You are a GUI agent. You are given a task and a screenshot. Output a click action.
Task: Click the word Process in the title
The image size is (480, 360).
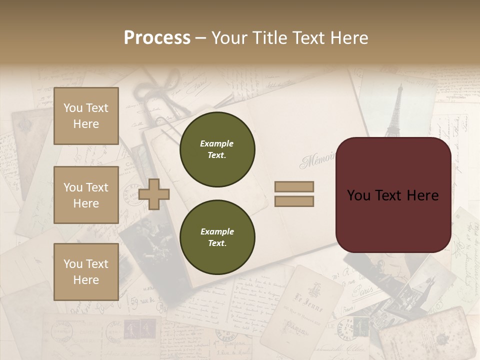(x=157, y=38)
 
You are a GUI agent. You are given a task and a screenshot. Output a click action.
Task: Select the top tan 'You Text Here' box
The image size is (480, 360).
(x=86, y=116)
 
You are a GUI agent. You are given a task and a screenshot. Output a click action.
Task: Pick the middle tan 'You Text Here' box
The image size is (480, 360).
(x=86, y=195)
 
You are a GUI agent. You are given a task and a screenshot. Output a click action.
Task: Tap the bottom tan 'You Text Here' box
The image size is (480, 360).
(x=86, y=271)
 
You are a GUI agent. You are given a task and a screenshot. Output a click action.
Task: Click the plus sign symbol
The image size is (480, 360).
(x=154, y=194)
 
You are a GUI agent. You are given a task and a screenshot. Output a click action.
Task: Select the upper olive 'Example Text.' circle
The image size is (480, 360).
(x=217, y=149)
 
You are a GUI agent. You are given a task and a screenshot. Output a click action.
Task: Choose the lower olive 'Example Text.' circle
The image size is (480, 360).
(x=217, y=237)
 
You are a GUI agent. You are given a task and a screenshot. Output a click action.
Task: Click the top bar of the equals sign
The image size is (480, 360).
(x=294, y=187)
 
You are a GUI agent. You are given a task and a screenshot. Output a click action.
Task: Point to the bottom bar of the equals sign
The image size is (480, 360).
(x=294, y=201)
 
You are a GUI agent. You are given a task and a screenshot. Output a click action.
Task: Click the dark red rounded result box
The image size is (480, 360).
(x=393, y=195)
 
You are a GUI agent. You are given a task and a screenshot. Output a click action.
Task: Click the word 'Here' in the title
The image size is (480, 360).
(x=347, y=38)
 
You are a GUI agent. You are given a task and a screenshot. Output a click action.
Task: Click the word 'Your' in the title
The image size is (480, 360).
(x=229, y=38)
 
